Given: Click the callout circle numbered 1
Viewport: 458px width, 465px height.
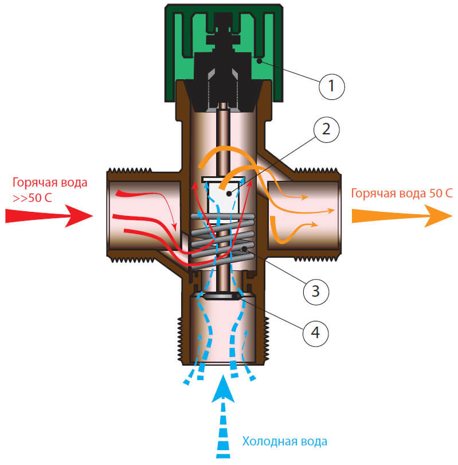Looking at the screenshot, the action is (x=332, y=87).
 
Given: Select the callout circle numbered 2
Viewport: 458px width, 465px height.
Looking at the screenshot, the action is (x=327, y=130).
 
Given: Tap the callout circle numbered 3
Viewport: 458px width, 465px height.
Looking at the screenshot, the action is (x=316, y=292).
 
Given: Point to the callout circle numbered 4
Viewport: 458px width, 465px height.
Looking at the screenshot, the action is (x=316, y=333).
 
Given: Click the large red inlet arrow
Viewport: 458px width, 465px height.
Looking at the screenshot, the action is (x=49, y=216).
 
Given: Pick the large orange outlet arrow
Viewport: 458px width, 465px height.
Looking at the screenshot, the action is (x=402, y=216).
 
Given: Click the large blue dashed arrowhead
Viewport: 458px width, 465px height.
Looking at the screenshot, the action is (x=223, y=389).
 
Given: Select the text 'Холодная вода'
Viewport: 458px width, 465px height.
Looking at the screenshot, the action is (x=285, y=441).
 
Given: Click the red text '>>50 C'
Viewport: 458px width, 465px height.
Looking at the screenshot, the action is (x=32, y=198).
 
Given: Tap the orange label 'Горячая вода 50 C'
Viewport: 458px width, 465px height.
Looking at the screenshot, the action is (x=402, y=193).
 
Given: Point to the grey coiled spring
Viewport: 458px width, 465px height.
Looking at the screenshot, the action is (x=222, y=240).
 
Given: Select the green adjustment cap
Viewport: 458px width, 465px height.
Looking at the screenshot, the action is (x=224, y=53).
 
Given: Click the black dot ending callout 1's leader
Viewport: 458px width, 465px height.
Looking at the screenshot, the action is (x=259, y=61).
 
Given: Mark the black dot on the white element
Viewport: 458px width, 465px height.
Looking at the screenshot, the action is (x=229, y=193).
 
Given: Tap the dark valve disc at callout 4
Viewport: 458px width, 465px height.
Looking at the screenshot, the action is (x=222, y=296).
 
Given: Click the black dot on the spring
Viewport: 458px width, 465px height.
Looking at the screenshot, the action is (x=245, y=249).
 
